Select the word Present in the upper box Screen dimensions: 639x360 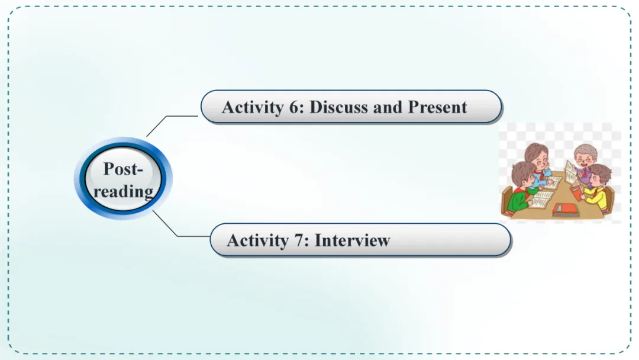pyautogui.click(x=438, y=107)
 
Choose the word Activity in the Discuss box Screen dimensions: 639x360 pyautogui.click(x=251, y=107)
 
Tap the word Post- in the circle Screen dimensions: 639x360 pyautogui.click(x=123, y=169)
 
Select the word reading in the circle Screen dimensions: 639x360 pyautogui.click(x=123, y=191)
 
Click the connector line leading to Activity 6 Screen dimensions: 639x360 pyautogui.click(x=172, y=118)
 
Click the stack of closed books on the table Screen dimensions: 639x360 pyautogui.click(x=566, y=209)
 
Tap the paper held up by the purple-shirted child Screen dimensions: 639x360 pyautogui.click(x=570, y=171)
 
